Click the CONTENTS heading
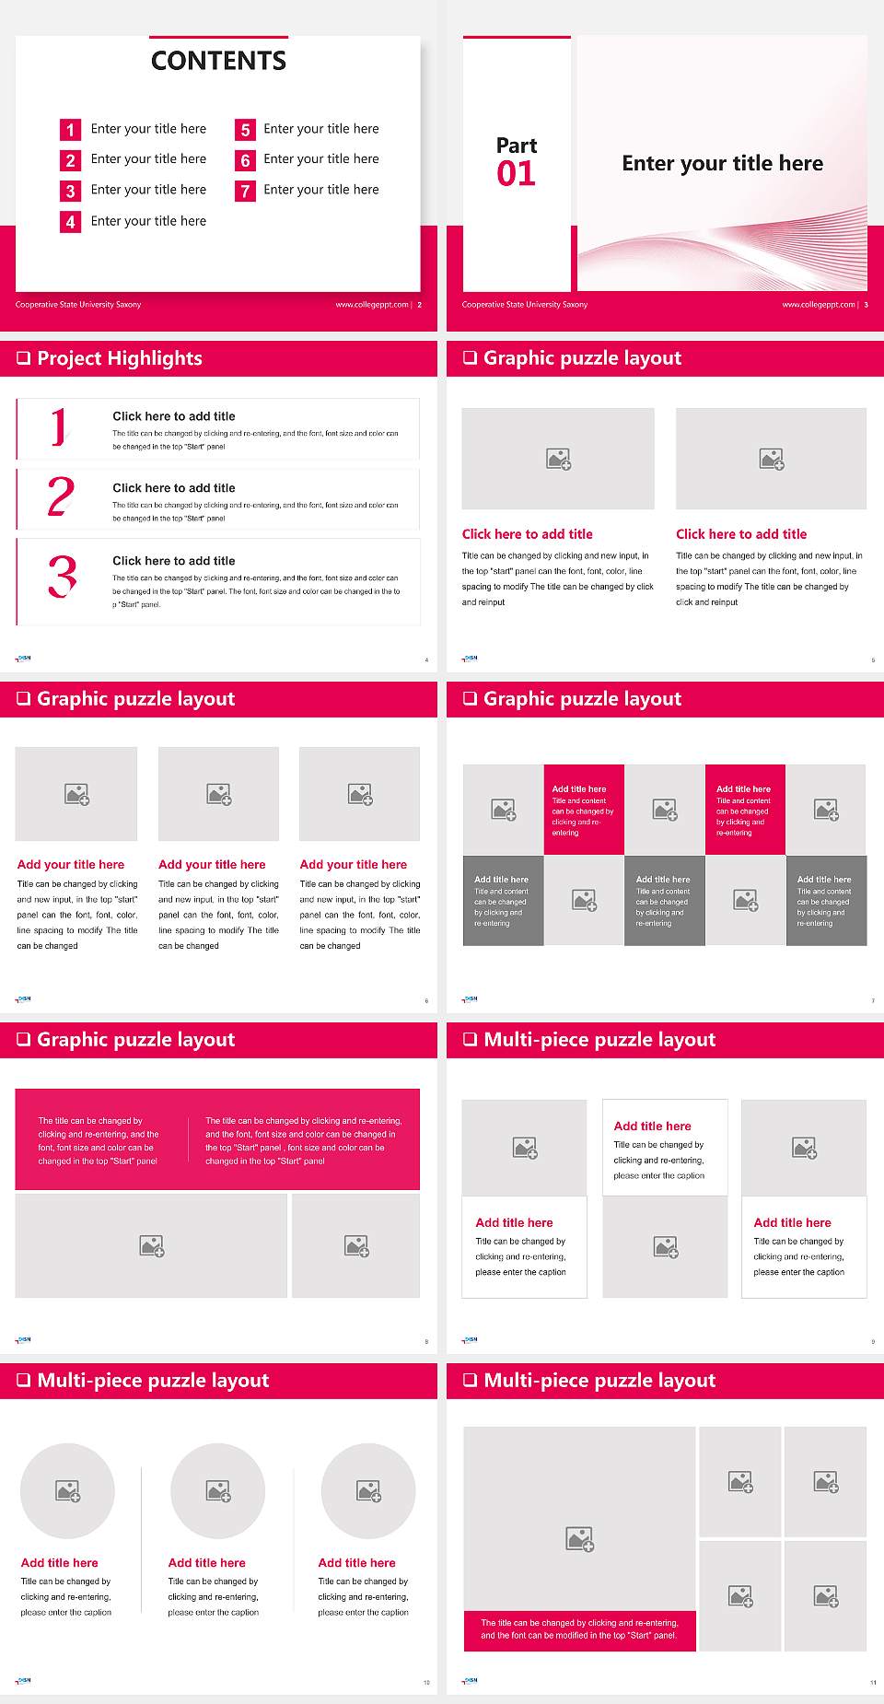(218, 61)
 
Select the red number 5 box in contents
(245, 130)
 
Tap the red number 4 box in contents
(70, 222)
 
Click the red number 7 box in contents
(245, 191)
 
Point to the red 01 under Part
(516, 174)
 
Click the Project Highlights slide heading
(120, 358)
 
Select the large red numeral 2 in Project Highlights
(61, 496)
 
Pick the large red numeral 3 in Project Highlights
(62, 577)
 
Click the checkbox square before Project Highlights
(24, 358)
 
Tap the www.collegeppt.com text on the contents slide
(371, 305)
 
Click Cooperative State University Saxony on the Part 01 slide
(525, 305)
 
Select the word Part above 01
(516, 146)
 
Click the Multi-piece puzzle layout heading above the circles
(153, 1380)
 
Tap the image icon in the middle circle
(218, 1490)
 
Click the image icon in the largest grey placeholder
(579, 1538)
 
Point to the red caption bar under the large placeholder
(579, 1629)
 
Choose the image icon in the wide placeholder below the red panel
(152, 1246)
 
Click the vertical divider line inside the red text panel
(189, 1140)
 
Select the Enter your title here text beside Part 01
(722, 164)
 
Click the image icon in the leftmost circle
(68, 1490)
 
